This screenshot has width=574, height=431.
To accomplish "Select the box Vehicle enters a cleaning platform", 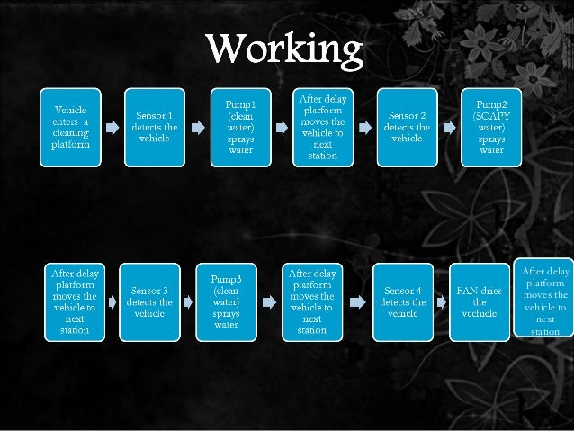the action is coord(71,127).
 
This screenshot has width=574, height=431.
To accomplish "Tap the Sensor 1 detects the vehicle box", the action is coord(155,127).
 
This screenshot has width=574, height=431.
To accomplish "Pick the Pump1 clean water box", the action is coord(240,127).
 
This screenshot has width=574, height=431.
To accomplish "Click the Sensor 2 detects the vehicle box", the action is coord(407,127).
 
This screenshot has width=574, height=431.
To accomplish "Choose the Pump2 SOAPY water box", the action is coord(491,127).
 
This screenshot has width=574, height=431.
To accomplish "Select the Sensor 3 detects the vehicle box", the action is coord(148,301).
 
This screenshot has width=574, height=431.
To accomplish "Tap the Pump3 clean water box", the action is coord(226,301).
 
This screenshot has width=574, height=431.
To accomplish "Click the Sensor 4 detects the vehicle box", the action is coord(402,301).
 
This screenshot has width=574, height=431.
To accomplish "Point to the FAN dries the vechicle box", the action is coord(479,301).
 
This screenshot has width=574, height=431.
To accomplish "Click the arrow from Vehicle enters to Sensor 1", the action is coord(112,128).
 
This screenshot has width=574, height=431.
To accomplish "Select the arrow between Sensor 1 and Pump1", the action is coord(197,128).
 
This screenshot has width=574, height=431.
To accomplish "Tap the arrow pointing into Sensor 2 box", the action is coord(364,128).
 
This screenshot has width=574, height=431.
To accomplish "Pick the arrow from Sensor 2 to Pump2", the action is coord(449,128).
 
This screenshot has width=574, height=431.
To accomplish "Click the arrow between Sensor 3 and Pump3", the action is coord(187,302).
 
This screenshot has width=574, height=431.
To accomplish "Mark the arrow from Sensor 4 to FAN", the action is coord(442,302).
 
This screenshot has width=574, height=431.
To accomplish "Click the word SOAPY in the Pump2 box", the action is coord(492,116).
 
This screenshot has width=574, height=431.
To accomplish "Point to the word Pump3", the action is coord(226,279).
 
